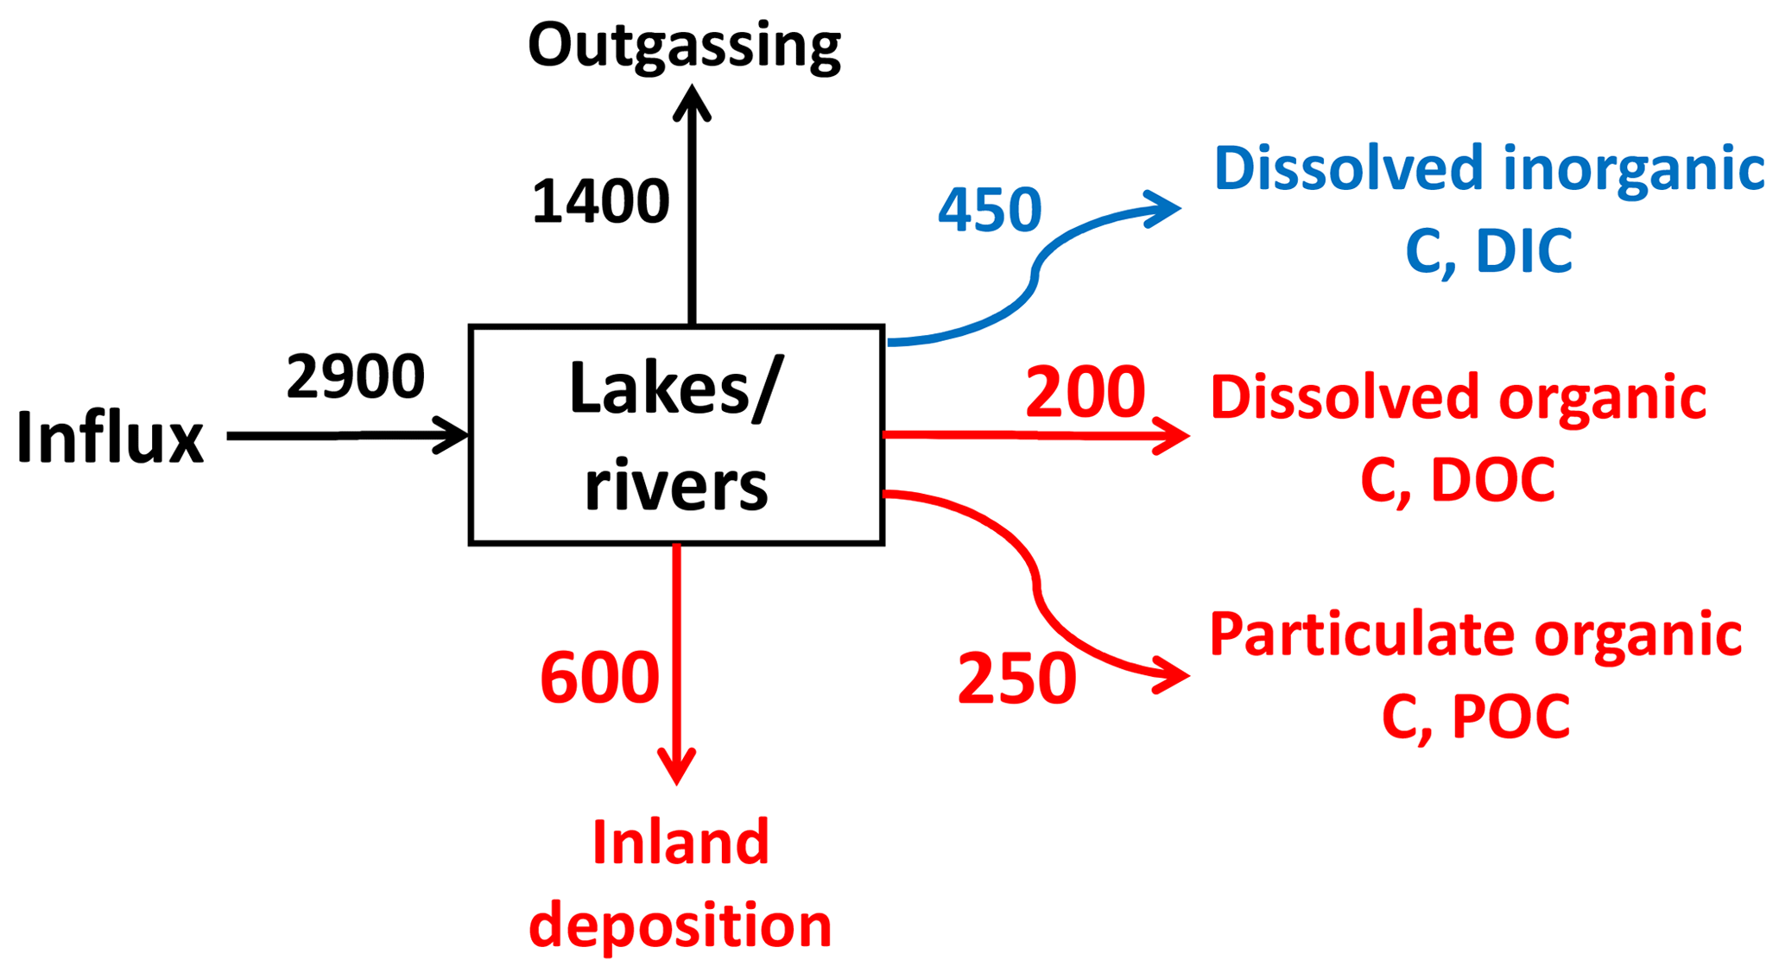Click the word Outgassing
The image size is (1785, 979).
coord(684,45)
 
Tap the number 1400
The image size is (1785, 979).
coord(600,202)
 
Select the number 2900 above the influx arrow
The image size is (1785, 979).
coord(355,377)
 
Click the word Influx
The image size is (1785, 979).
coord(110,438)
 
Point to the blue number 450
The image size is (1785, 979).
coord(990,210)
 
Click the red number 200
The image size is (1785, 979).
coord(1085,393)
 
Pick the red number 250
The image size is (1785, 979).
coord(1017,679)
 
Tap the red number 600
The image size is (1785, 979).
coord(599,678)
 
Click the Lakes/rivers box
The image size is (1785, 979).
coord(676,435)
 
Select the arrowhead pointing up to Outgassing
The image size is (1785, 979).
coord(692,102)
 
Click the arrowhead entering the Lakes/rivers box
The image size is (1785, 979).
coord(453,435)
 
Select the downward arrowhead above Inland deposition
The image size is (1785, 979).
coord(677,767)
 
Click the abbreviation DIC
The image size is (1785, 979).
coord(1523,252)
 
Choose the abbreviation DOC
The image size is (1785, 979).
coord(1492,481)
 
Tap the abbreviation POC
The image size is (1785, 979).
coord(1510,717)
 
